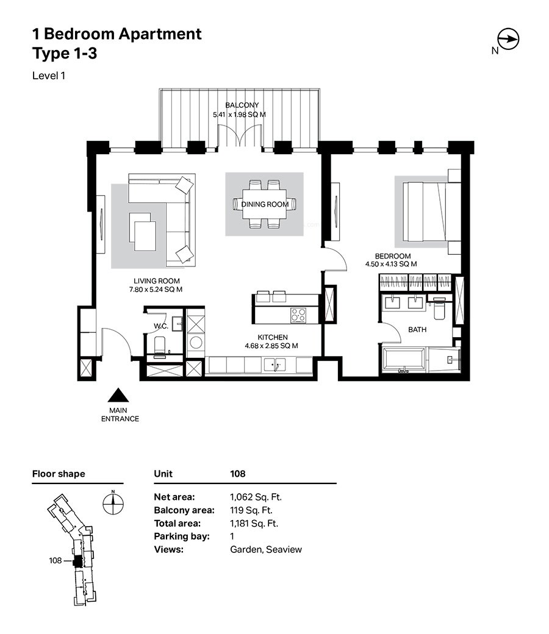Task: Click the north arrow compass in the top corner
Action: tap(508, 39)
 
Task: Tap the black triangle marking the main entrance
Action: tap(118, 396)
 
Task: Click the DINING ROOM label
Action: tap(265, 205)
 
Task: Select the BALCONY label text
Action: tap(242, 105)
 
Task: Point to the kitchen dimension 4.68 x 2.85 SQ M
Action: tap(271, 346)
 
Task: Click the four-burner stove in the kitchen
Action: tap(298, 315)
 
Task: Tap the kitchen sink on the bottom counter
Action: tap(274, 365)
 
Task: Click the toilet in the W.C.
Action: tap(160, 345)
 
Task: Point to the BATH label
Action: tap(417, 330)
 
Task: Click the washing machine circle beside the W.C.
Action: tap(196, 343)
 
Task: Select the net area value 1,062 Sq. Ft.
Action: tap(256, 497)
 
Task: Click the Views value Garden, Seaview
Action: tap(266, 549)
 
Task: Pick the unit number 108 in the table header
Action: tap(237, 474)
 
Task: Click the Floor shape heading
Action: tap(59, 474)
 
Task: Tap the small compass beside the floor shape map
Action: tap(113, 504)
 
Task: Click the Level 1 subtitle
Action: tap(49, 76)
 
